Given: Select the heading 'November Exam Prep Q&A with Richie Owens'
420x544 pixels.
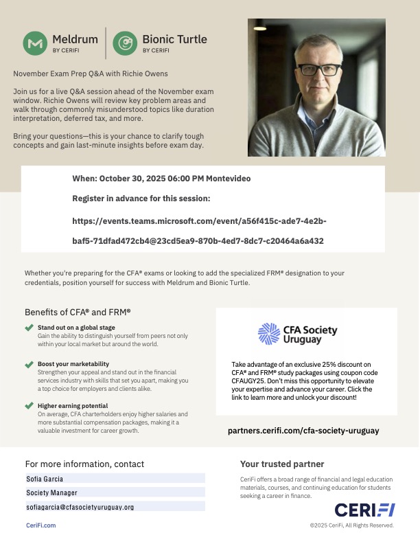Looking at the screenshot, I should coord(91,73).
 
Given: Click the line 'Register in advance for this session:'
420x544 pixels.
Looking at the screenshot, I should coord(141,199).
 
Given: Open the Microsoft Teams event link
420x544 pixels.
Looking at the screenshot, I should coord(199,231).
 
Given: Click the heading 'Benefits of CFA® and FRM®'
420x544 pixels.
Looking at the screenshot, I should coord(78,311).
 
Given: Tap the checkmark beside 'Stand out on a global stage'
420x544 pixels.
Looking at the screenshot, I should coord(29,328).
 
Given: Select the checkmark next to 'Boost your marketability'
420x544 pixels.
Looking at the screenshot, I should coord(29,363).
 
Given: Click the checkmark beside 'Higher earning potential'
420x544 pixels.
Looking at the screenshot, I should coord(29,405).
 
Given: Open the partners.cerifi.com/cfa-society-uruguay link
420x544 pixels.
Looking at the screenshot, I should coord(303,431).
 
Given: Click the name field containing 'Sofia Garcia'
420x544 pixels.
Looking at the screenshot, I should coord(115,478).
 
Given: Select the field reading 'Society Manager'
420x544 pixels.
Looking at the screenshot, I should coord(115,492).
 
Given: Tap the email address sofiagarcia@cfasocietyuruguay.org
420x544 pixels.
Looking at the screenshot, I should coord(115,507).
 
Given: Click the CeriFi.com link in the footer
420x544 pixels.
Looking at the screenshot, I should coord(40,525).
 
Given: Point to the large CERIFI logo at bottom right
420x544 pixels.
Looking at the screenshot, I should coord(364,510).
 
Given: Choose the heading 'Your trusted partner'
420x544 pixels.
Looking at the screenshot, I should coord(282,464).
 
